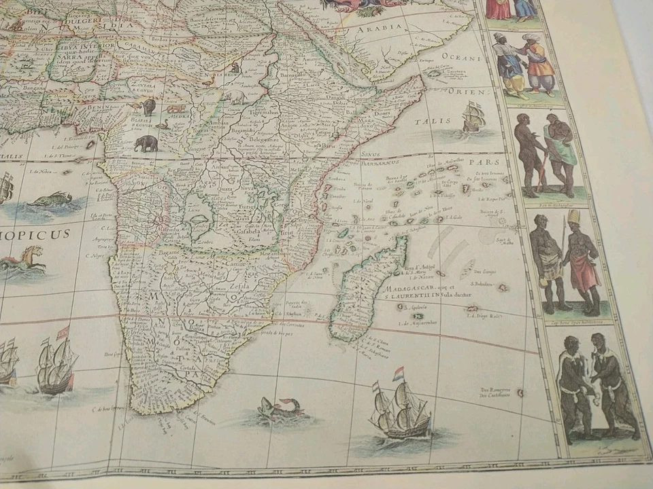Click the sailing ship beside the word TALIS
(x=473, y=117)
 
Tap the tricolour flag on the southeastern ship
(x=399, y=374)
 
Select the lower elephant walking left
(x=146, y=143)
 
